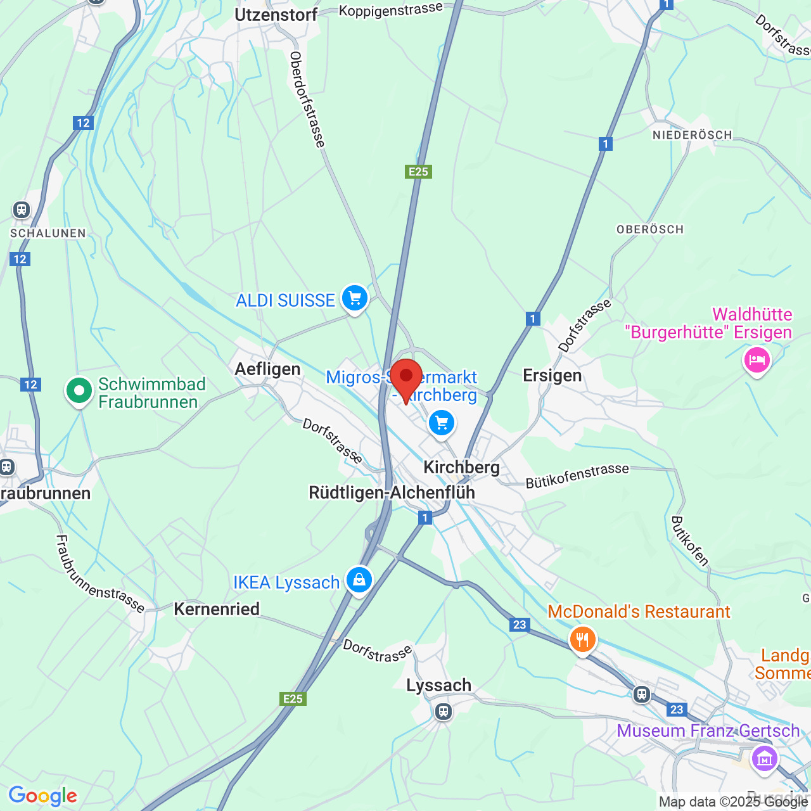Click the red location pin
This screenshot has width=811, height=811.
(x=406, y=378)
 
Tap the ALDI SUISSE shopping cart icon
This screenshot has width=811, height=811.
(x=355, y=298)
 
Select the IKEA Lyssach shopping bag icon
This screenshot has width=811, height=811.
(x=359, y=580)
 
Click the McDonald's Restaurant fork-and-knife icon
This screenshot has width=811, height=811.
(x=582, y=639)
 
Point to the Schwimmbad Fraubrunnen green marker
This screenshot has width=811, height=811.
(x=79, y=391)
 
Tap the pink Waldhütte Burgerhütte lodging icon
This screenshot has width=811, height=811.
(x=757, y=361)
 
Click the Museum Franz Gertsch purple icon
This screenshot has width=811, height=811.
(x=764, y=758)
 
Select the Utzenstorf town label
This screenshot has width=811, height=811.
(x=276, y=15)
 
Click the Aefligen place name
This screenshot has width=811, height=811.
(x=268, y=369)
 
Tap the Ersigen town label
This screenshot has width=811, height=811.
(x=552, y=376)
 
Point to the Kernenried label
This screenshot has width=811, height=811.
(x=217, y=609)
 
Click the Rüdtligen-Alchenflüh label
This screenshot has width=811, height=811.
(x=392, y=492)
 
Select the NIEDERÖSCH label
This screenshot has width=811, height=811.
(x=693, y=135)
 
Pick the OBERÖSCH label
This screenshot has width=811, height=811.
(x=650, y=229)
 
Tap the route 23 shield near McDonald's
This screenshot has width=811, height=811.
(x=520, y=625)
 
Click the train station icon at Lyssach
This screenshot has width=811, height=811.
(x=444, y=712)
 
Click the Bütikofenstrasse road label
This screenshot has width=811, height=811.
(x=577, y=476)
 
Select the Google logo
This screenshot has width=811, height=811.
(x=42, y=796)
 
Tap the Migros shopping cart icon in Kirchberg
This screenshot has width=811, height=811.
(x=442, y=423)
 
